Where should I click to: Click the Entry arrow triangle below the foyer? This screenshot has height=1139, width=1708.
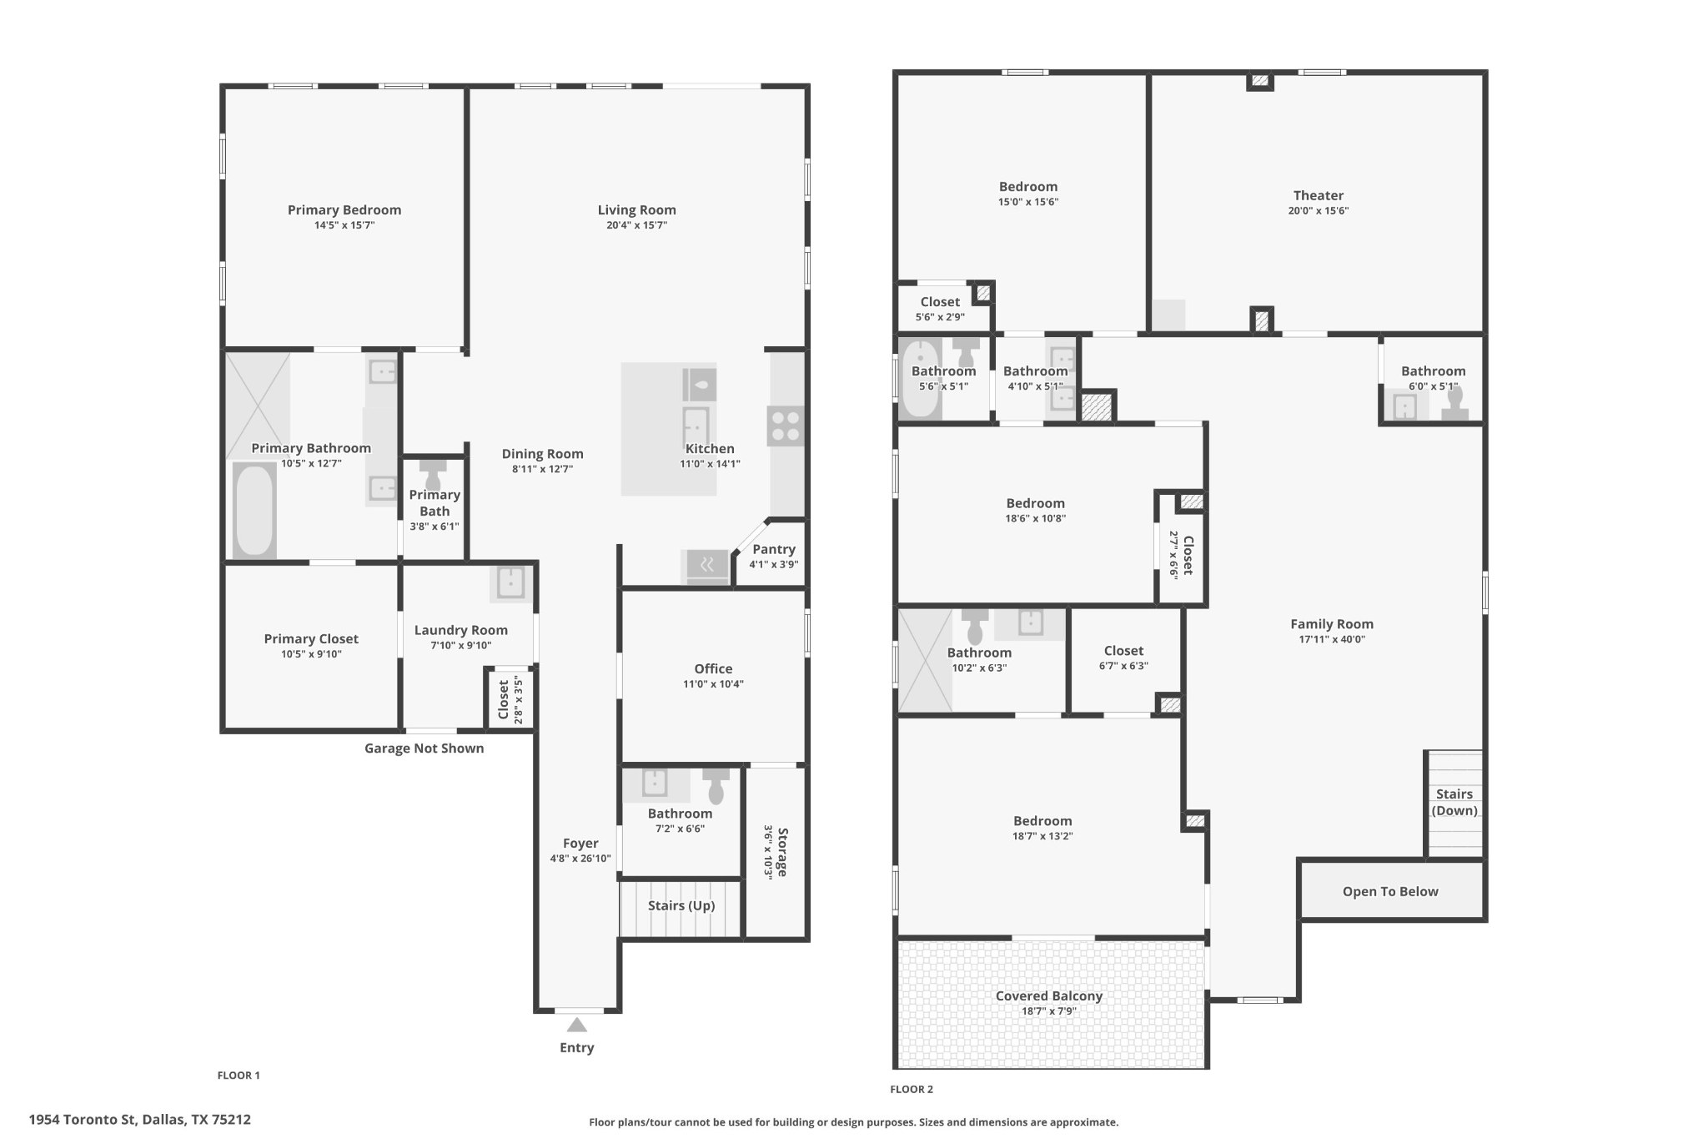coord(576,1025)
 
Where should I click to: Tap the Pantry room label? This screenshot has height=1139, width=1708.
coord(774,549)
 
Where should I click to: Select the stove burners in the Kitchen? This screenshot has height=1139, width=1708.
coord(786,426)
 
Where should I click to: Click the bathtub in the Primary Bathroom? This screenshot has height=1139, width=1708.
coord(254,511)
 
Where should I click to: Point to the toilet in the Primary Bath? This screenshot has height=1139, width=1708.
coord(433,475)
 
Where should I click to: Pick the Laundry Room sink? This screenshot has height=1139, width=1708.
coord(510,582)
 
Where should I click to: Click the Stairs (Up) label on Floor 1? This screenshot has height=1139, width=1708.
coord(681,905)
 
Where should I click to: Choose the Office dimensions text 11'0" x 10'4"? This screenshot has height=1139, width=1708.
coord(713,683)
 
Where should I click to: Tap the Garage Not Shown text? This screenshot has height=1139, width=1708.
coord(424,748)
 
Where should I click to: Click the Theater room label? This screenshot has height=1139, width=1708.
coord(1319,195)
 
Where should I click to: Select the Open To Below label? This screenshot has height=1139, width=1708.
coord(1390,891)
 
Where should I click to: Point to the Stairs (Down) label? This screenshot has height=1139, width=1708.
coord(1454,802)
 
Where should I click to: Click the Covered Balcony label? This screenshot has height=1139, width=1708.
coord(1049,995)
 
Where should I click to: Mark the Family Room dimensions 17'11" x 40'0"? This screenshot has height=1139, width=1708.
coord(1332,639)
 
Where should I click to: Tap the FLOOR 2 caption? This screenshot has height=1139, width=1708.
coord(912,1089)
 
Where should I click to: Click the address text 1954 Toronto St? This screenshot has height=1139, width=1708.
coord(82,1120)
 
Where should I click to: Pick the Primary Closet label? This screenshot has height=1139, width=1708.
coord(311,638)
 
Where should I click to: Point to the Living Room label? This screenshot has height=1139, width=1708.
coord(636,209)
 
